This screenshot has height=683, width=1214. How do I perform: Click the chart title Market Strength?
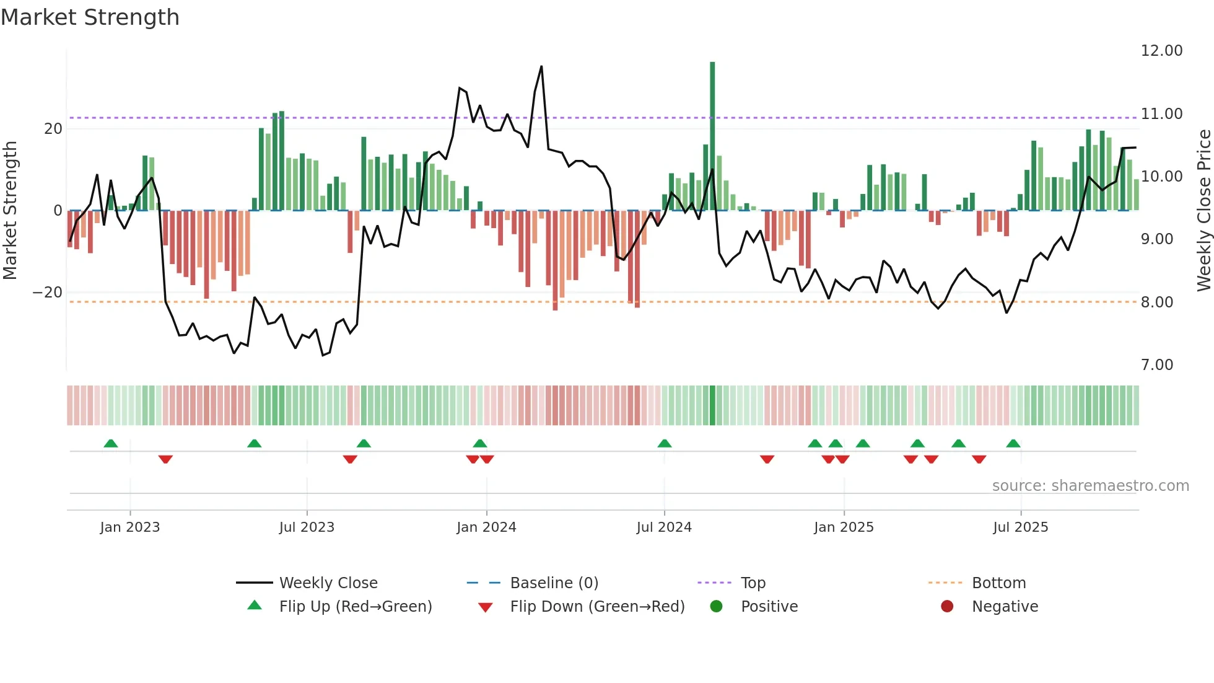click(x=90, y=17)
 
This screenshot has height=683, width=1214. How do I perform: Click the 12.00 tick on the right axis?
click(x=1161, y=51)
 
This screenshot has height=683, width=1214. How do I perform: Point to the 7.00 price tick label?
click(x=1156, y=365)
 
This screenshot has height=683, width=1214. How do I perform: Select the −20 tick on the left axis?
click(x=48, y=293)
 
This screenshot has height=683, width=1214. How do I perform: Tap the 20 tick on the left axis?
click(x=53, y=129)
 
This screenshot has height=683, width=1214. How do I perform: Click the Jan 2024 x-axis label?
click(x=486, y=527)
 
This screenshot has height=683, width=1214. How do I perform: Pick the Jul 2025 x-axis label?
click(x=1020, y=527)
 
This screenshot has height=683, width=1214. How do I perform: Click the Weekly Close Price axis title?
click(x=1203, y=210)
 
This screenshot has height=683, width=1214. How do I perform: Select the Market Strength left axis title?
click(x=11, y=210)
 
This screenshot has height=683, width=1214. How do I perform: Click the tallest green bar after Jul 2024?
click(x=712, y=136)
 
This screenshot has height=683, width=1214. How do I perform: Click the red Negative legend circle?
click(x=947, y=606)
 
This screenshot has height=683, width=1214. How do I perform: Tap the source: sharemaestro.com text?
click(x=1090, y=486)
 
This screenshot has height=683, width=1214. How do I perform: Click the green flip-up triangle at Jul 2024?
click(x=665, y=444)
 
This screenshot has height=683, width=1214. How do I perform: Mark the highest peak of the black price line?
click(x=541, y=66)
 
